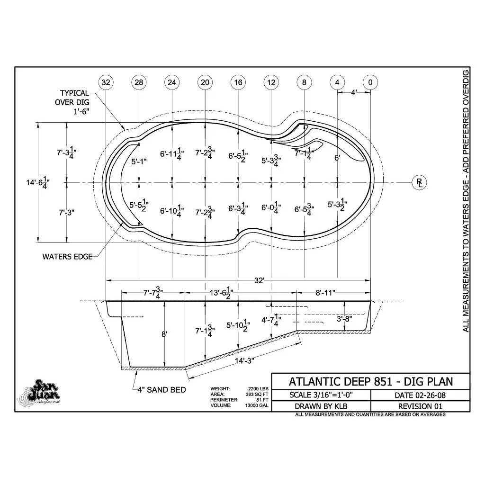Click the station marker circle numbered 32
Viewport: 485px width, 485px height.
[106, 82]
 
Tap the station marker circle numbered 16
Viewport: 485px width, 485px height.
[238, 82]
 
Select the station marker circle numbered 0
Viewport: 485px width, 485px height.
[370, 82]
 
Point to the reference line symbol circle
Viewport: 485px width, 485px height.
[419, 182]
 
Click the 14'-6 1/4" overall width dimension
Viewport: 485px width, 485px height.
[38, 182]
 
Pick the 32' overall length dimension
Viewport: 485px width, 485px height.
[259, 280]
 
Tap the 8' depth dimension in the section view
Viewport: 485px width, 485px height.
[164, 334]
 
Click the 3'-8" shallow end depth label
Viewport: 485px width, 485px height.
[344, 319]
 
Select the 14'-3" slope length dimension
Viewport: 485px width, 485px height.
[244, 360]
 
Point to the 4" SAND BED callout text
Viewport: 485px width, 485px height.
[162, 390]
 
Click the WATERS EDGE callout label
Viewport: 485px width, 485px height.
[67, 257]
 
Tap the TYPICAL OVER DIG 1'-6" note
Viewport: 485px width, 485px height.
[72, 102]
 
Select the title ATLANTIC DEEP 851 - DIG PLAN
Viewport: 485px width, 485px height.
[370, 382]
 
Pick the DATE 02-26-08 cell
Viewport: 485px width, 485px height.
[420, 395]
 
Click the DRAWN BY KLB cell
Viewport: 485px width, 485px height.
[321, 406]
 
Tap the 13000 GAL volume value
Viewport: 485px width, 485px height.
[257, 405]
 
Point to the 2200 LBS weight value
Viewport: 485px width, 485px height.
[258, 389]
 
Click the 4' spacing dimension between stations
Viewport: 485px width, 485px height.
[354, 92]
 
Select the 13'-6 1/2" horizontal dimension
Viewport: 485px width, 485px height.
[221, 292]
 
